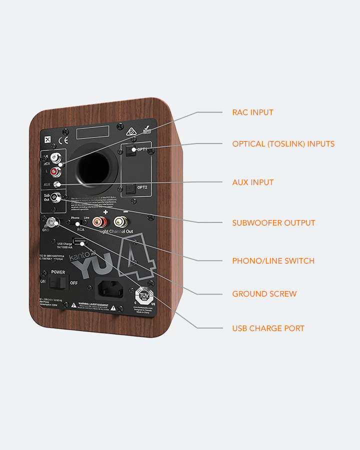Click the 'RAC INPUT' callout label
coord(252,112)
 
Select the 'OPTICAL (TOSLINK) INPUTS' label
coord(283,144)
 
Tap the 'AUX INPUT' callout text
coord(252,182)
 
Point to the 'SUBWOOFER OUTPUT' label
coord(273,223)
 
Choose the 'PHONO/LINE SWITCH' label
coord(273,261)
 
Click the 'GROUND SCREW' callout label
coord(264,294)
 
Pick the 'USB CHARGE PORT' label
coord(268,328)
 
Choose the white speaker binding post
coord(120,221)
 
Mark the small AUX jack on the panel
coord(57,184)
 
